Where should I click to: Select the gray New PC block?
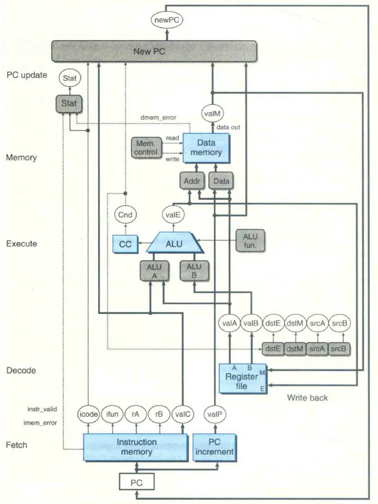(154, 51)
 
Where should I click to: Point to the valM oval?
(213, 114)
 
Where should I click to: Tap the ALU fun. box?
(251, 240)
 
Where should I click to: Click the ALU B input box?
(194, 270)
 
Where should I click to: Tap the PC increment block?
(215, 447)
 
